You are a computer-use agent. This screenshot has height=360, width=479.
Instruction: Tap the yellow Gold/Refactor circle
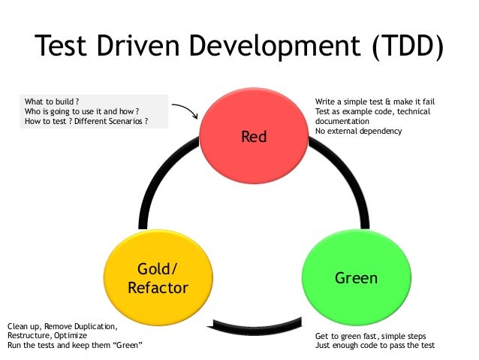(x=158, y=278)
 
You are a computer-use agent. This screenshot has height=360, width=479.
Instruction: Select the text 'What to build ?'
(x=53, y=101)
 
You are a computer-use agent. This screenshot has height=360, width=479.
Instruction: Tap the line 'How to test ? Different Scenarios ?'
(x=86, y=120)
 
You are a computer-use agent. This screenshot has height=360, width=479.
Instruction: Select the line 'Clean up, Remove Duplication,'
(x=62, y=326)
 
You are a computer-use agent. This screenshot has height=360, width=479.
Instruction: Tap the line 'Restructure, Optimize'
(x=46, y=335)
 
